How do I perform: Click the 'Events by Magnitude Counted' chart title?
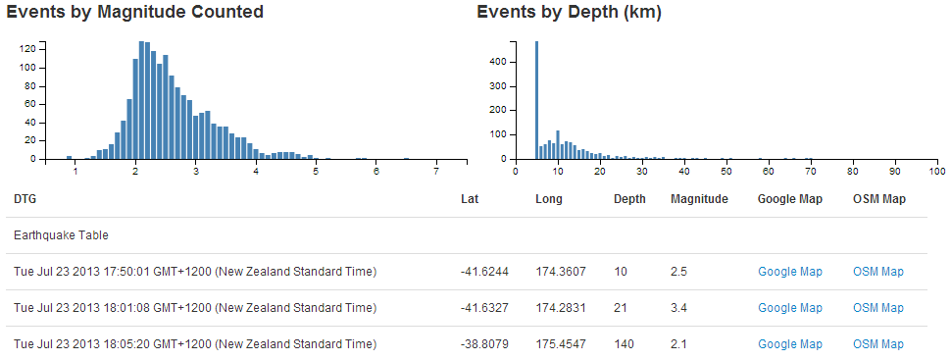135,13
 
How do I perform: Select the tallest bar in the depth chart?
536,98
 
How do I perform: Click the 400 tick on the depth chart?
499,62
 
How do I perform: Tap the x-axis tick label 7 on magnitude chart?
435,173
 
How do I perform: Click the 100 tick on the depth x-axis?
938,173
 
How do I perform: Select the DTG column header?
25,199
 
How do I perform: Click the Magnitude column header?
699,199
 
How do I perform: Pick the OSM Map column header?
878,199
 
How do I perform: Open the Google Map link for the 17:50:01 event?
790,272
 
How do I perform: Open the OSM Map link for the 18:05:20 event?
878,344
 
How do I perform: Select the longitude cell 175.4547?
561,344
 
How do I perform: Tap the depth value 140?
624,344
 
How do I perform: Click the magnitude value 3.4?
678,308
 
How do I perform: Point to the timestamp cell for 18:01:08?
195,308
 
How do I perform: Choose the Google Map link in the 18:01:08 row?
790,308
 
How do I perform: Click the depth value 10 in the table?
621,272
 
